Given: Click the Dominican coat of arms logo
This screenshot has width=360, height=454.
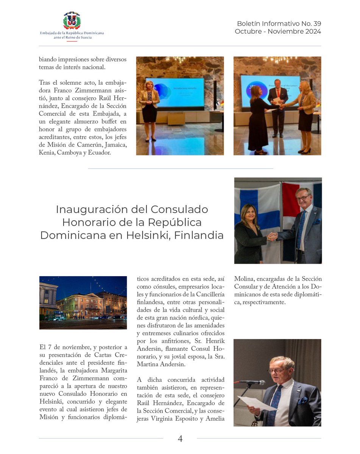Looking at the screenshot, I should click(72, 20).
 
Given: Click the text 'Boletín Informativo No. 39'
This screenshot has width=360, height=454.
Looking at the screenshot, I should click(279, 24).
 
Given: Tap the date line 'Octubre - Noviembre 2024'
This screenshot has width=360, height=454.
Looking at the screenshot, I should click(277, 31).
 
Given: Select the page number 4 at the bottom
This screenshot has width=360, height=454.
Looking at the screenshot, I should click(180, 438).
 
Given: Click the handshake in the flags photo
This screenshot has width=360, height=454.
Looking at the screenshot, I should click(272, 236).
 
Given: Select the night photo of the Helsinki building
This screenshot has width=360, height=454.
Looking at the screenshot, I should click(83, 303).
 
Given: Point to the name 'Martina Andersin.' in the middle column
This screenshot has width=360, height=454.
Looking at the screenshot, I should click(161, 365).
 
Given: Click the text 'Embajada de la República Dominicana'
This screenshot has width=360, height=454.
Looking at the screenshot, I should click(72, 33).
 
